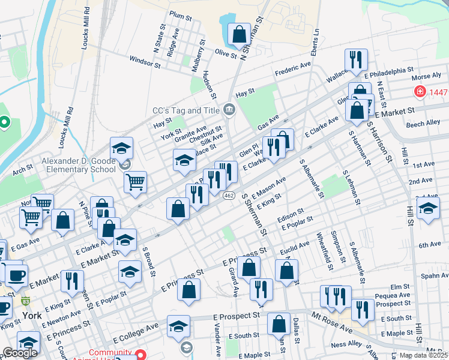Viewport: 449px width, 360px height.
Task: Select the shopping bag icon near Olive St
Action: pos(239,35)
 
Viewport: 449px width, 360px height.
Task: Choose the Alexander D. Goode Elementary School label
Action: pos(78,165)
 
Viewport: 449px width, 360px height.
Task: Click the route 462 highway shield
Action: pos(228,196)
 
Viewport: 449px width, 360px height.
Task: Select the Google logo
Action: pos(20,352)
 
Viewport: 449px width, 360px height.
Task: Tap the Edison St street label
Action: pos(291,215)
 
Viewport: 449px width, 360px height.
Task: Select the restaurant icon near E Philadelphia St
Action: pos(356,61)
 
